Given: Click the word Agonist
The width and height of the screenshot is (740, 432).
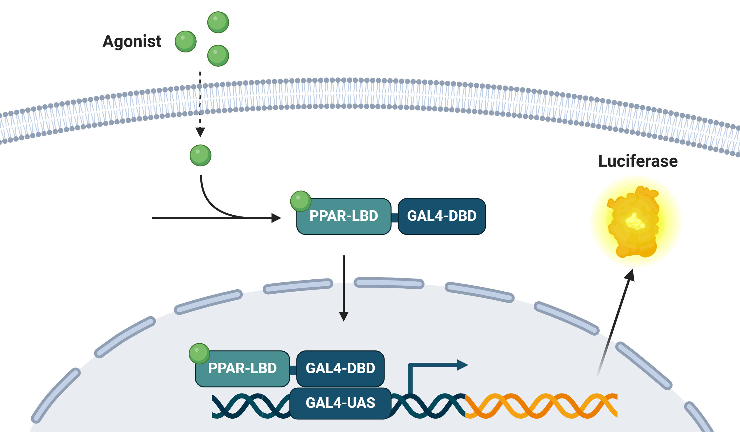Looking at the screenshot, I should tap(131, 41).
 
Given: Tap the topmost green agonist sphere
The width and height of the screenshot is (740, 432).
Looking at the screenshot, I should tap(218, 22).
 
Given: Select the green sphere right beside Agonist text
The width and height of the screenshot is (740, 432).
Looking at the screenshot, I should tap(186, 41).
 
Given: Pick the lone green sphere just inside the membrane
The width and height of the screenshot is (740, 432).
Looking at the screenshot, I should tap(200, 155).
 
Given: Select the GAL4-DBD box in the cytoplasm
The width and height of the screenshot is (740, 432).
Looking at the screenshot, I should tap(442, 216).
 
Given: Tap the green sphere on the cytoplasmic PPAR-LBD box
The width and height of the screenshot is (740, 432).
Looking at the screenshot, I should tap(300, 201).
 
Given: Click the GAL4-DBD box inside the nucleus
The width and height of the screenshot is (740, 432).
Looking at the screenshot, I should tap(340, 368).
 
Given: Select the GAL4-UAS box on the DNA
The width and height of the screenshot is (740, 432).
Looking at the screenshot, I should tap(340, 403).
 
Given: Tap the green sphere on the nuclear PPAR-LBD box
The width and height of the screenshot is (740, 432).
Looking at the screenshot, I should tap(199, 353).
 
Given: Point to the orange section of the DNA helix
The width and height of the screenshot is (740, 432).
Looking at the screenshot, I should tap(540, 406).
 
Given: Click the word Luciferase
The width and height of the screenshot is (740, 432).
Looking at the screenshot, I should tap(638, 161).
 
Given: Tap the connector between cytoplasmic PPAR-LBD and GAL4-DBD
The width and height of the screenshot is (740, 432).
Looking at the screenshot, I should tap(394, 218).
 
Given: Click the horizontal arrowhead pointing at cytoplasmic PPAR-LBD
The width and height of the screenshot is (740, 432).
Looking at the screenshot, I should tap(276, 218).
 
